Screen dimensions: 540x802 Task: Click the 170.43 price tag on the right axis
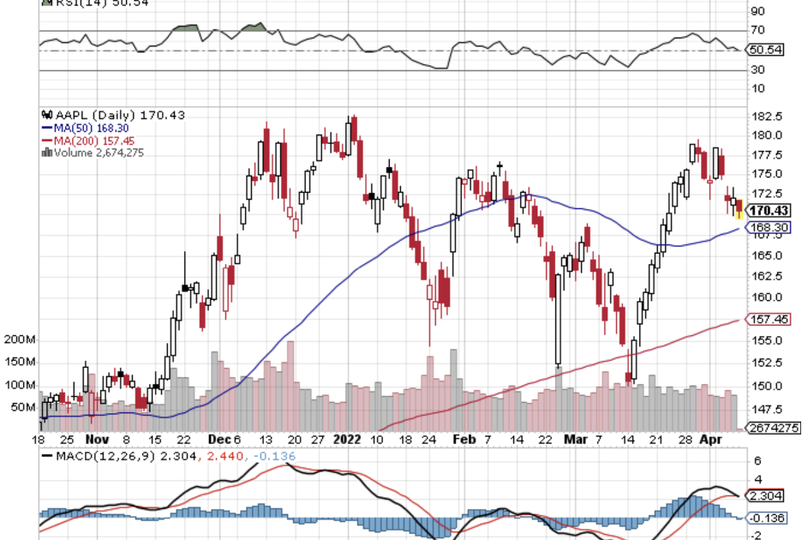tap(769, 210)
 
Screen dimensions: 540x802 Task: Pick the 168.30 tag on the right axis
tap(769, 227)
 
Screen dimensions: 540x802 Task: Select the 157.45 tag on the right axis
tap(769, 319)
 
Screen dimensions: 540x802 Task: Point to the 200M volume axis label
tap(18, 340)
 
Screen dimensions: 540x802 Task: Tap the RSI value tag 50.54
tap(765, 50)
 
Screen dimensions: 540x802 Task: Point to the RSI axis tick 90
tap(757, 11)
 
